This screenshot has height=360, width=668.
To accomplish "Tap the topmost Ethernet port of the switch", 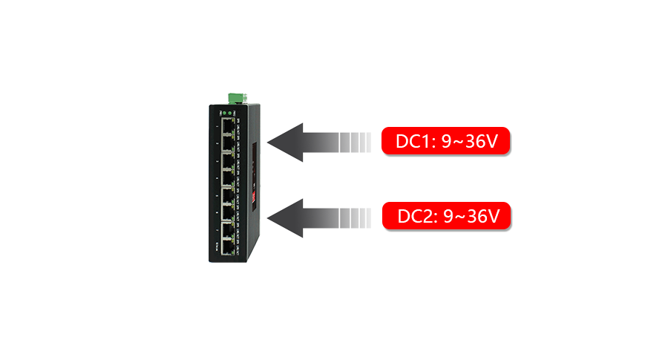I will pos(226,128).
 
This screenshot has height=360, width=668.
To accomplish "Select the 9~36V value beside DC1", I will pos(469,141).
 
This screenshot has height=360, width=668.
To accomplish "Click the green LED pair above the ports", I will pos(228,112).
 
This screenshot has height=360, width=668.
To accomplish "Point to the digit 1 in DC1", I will pos(429,141).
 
